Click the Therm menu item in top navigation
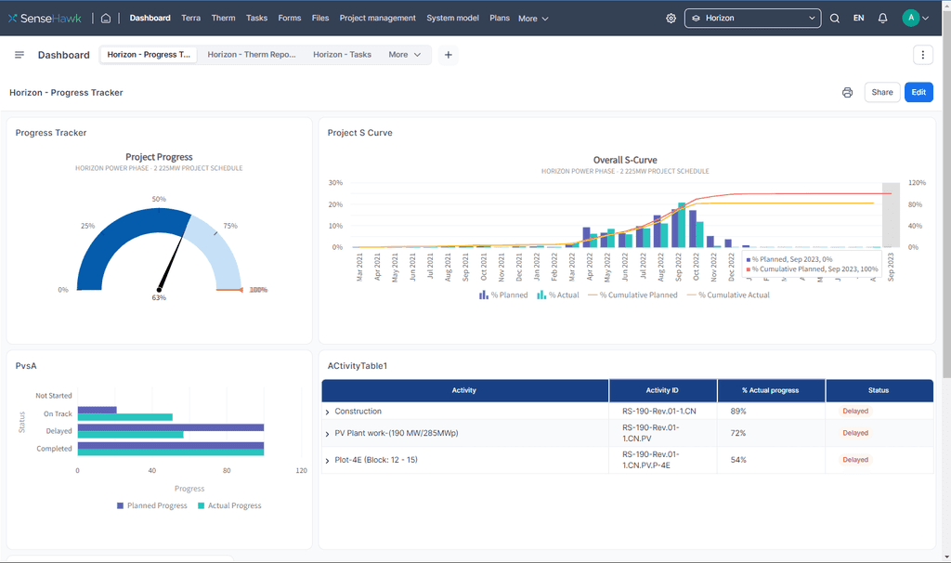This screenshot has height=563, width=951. (x=223, y=18)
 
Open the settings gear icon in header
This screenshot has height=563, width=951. (x=671, y=18)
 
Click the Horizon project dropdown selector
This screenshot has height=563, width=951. (x=753, y=18)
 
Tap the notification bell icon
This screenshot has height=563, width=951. (x=882, y=18)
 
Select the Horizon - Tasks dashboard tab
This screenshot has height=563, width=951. (x=342, y=55)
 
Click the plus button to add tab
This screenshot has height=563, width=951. (x=449, y=55)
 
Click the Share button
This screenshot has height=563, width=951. (x=882, y=92)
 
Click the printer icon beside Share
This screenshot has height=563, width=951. (x=847, y=92)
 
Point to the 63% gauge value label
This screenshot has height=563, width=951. (x=159, y=298)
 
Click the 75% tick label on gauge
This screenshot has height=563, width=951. (x=230, y=226)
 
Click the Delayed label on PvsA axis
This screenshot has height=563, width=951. (x=59, y=431)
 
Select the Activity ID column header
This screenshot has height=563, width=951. (x=663, y=390)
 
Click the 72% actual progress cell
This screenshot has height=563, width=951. (x=738, y=433)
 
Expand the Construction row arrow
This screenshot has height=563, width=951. (x=328, y=412)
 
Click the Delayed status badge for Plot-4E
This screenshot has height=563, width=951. (x=855, y=459)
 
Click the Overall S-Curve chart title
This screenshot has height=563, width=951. (x=625, y=160)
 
